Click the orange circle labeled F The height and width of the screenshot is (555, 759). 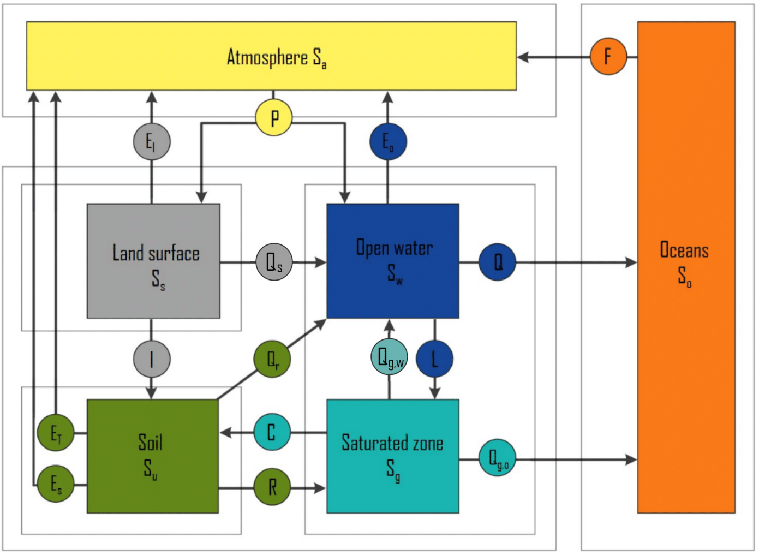pos(608,56)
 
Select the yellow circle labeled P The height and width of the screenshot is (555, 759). pos(274,117)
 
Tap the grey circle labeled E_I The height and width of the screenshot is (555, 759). pos(152,142)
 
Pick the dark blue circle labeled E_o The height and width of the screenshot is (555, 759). pos(387,142)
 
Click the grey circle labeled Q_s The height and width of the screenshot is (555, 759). pos(274,262)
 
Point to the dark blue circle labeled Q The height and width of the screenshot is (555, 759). pos(497,262)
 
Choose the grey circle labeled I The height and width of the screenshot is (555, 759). pos(152,359)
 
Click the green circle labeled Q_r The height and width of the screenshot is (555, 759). pos(272,359)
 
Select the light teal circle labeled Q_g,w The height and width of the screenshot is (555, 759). pos(389,357)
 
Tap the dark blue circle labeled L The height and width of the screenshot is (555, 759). pos(434,359)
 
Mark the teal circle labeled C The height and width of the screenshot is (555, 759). pos(272,432)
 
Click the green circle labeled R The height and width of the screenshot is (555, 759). pos(272,487)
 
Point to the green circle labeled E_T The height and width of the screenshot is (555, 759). pos(56,433)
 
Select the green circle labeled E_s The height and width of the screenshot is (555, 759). pos(56,484)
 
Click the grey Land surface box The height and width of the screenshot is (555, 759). pos(153,261)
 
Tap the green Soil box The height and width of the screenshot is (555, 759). pos(153,456)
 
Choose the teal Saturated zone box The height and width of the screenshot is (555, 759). pos(392,456)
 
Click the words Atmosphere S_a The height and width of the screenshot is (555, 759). pos(276,57)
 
